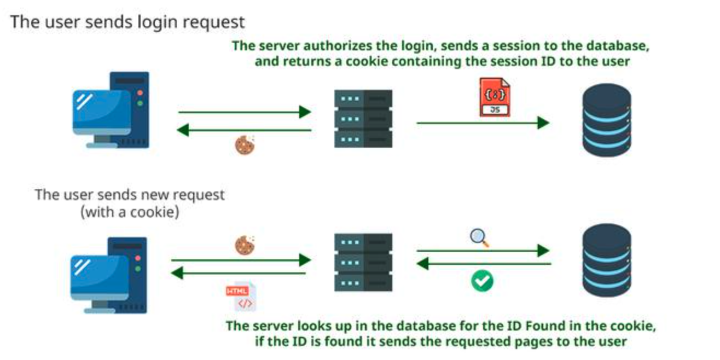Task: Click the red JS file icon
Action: point(495,97)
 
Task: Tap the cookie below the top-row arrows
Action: point(245,146)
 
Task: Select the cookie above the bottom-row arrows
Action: point(245,246)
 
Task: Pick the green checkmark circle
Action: point(482,281)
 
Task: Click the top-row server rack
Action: point(363,119)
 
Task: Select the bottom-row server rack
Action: point(363,263)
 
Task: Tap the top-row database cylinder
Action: point(607,120)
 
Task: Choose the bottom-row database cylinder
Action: point(607,260)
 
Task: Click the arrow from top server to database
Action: point(483,123)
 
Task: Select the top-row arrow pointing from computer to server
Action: point(245,112)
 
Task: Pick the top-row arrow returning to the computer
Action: point(244,130)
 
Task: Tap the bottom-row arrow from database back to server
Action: point(484,264)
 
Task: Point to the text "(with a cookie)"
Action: point(130,212)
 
